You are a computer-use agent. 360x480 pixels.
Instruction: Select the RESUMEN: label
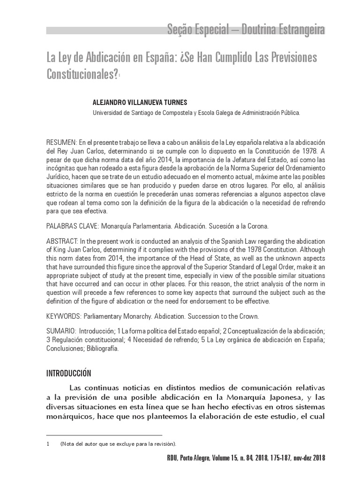pos(62,142)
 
